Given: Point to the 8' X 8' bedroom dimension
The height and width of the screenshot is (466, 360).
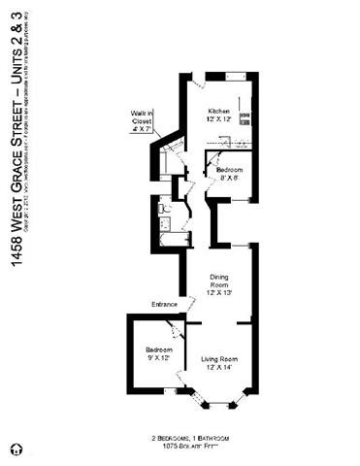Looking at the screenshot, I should [x=229, y=177].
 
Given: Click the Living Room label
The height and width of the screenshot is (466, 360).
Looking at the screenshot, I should [x=220, y=359].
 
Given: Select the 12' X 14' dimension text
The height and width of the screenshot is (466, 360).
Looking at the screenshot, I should [x=220, y=368].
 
